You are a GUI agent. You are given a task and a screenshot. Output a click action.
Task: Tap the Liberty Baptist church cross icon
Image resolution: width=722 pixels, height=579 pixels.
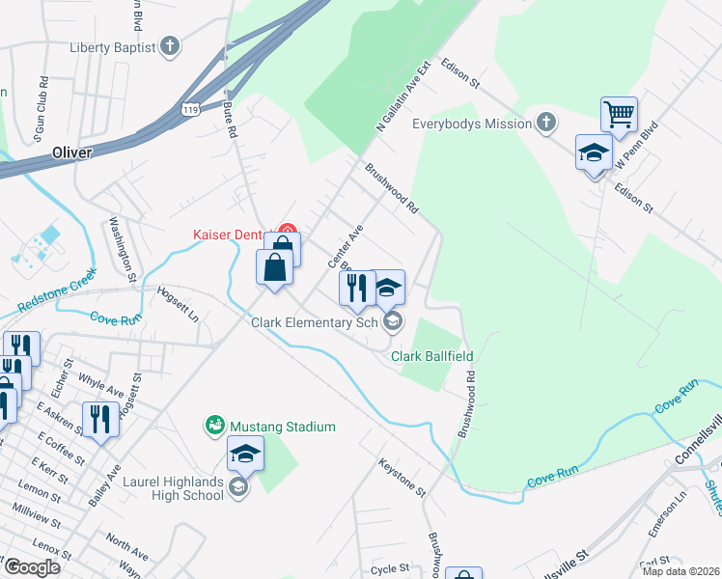pos(170,46)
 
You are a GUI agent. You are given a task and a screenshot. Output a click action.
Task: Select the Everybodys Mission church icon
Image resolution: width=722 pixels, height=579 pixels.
pos(546,123)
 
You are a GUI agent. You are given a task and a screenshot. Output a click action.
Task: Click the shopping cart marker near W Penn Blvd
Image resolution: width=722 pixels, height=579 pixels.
pos(618,115)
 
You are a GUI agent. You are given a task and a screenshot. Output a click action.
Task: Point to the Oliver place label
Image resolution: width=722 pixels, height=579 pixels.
pos(71,152)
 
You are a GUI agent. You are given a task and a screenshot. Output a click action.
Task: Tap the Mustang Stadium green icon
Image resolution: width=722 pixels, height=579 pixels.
pos(214,425)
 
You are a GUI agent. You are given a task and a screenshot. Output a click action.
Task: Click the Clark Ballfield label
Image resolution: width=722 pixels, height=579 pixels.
pos(431,357)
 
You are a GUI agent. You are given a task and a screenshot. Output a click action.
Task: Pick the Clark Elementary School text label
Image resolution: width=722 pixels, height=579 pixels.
pos(314,322)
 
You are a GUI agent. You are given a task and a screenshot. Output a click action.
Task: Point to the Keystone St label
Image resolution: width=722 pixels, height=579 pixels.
pos(402,478)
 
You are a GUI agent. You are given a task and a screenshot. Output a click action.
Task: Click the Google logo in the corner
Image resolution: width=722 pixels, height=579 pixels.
pos(31,567)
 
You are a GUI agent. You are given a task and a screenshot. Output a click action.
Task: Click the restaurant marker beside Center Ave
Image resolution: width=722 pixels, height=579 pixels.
pos(356,287)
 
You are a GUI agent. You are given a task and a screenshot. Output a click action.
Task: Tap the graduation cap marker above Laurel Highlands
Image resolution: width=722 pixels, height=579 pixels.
pos(245,454)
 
